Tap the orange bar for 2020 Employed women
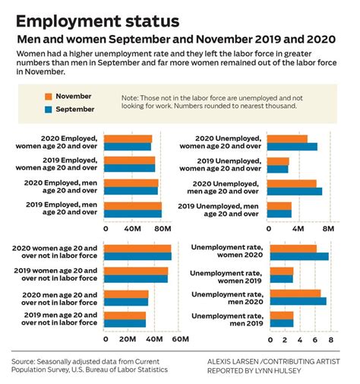[128, 138]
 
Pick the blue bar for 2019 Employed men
[133, 214]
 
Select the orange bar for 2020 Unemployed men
[292, 183]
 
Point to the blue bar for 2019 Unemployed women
[278, 169]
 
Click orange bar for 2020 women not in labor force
[137, 248]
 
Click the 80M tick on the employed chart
[162, 227]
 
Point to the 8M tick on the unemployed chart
[328, 227]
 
